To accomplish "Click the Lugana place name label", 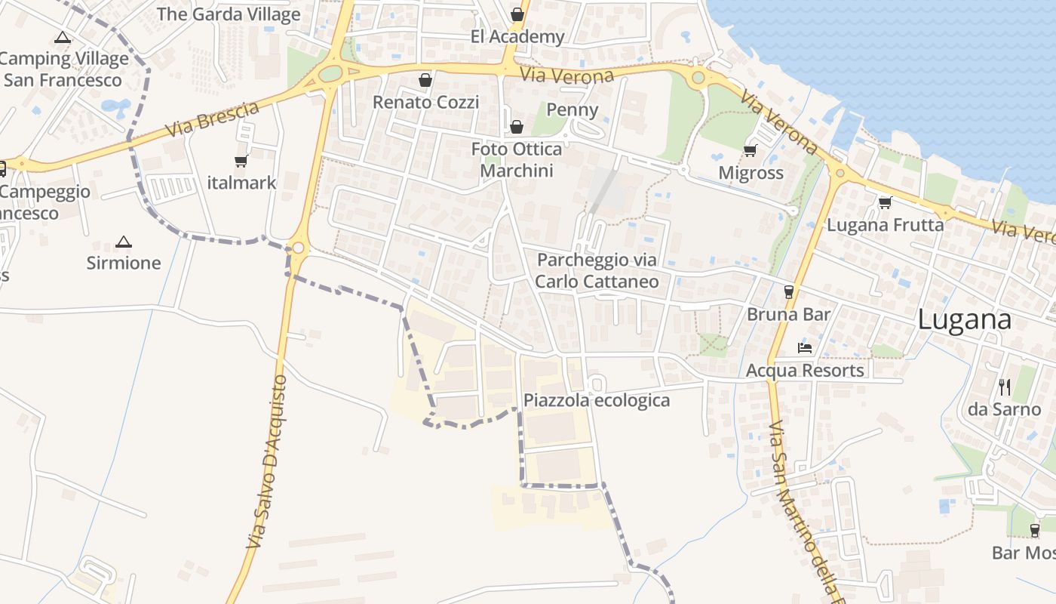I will (x=964, y=319).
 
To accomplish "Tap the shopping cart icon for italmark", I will (x=241, y=161).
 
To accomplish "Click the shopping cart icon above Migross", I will (x=750, y=151).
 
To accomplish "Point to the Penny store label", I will (x=572, y=110).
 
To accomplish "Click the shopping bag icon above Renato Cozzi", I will (x=425, y=80).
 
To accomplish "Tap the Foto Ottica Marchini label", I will (x=517, y=160).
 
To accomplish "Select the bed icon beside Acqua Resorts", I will (x=805, y=348).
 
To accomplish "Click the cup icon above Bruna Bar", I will (x=789, y=291).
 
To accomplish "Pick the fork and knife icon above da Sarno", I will (x=1004, y=387).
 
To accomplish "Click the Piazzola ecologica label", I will (x=597, y=401).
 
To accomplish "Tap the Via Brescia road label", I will (x=212, y=119).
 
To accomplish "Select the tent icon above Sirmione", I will (x=124, y=242).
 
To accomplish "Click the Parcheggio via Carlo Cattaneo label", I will (x=597, y=271).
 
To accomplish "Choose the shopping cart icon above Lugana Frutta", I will (x=885, y=202).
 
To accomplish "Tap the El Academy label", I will (x=517, y=37).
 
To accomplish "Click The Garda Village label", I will (x=229, y=14).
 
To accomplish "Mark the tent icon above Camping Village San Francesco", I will (x=63, y=37).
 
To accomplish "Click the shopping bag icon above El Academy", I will (x=517, y=14).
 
